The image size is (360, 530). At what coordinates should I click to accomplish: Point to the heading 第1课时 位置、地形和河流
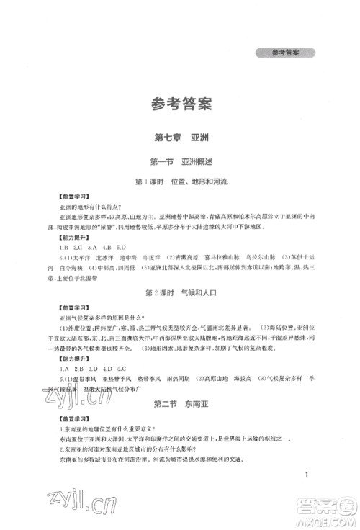179,184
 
